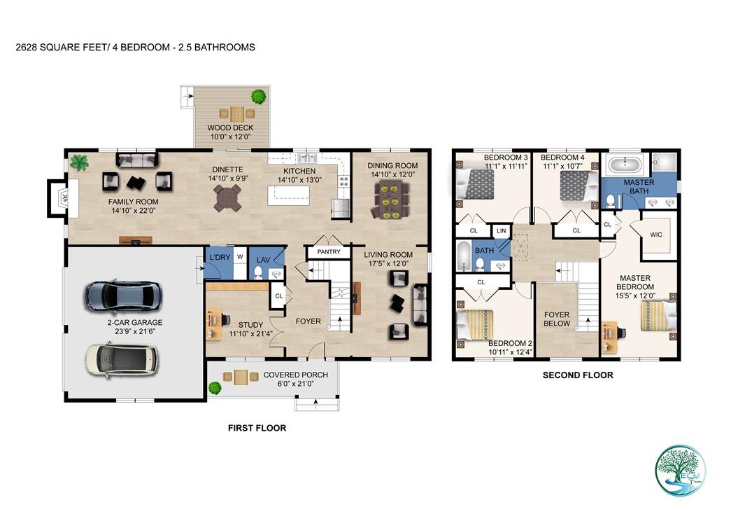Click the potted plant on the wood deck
[x=259, y=95]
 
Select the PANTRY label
[x=328, y=251]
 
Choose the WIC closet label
[x=655, y=234]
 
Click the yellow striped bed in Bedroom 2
[x=475, y=325]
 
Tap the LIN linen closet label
[x=501, y=230]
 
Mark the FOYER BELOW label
[x=557, y=319]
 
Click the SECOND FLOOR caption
[x=578, y=375]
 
